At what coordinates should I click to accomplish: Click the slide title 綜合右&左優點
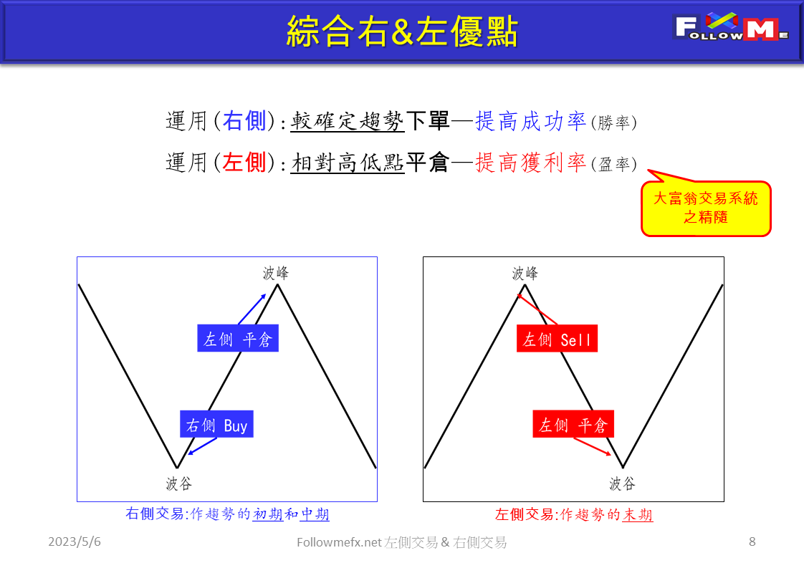point(401,32)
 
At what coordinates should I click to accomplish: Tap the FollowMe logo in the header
point(731,28)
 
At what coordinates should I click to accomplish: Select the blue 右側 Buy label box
point(216,425)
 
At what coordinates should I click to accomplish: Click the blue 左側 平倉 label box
point(237,338)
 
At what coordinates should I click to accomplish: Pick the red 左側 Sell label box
point(557,338)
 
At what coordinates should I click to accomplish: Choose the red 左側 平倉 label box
point(573,425)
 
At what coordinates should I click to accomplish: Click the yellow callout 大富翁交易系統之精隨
point(705,208)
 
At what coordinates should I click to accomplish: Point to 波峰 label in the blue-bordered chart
point(276,273)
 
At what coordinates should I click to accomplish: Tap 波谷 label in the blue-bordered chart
point(179,483)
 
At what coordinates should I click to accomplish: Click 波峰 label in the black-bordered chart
point(525,273)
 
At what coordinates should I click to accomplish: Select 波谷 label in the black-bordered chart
point(622,483)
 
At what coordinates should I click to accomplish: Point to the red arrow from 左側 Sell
point(537,309)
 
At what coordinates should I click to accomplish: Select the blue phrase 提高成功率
point(530,122)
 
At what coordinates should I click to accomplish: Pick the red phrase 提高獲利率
point(530,163)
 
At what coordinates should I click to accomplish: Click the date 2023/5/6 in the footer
point(75,542)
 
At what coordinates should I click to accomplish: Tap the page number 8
point(752,541)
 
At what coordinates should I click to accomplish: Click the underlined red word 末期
point(637,514)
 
